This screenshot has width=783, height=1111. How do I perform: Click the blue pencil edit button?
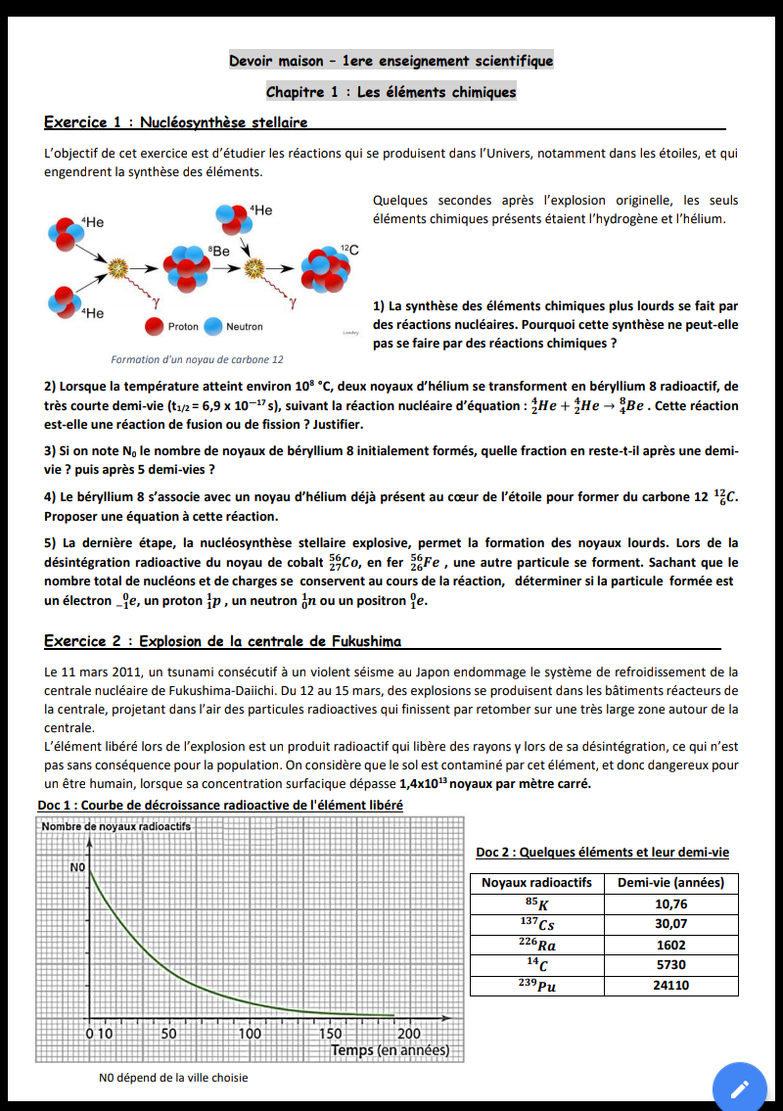(x=740, y=1088)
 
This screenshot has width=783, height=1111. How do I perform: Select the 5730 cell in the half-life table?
(x=670, y=965)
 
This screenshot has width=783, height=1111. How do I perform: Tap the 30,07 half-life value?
(x=670, y=923)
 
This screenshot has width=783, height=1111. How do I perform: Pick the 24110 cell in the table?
(x=670, y=986)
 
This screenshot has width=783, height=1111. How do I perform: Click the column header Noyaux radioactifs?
(x=536, y=882)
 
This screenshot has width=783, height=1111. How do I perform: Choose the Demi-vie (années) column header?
(x=670, y=882)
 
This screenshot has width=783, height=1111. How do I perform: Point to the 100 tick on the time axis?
(x=251, y=1033)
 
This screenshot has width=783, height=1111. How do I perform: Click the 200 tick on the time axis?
(x=410, y=1033)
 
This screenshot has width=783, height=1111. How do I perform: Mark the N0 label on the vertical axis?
(x=78, y=867)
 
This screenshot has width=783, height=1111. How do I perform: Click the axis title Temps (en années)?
(x=390, y=1050)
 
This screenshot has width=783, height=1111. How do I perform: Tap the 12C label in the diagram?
(x=349, y=251)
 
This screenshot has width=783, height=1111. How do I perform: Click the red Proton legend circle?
(x=154, y=326)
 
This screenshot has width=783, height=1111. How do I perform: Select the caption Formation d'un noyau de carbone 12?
(x=197, y=359)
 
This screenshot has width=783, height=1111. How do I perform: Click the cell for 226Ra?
(x=536, y=945)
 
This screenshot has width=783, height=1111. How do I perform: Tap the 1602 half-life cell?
(x=670, y=945)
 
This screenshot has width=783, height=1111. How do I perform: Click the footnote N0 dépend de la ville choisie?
(x=173, y=1078)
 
